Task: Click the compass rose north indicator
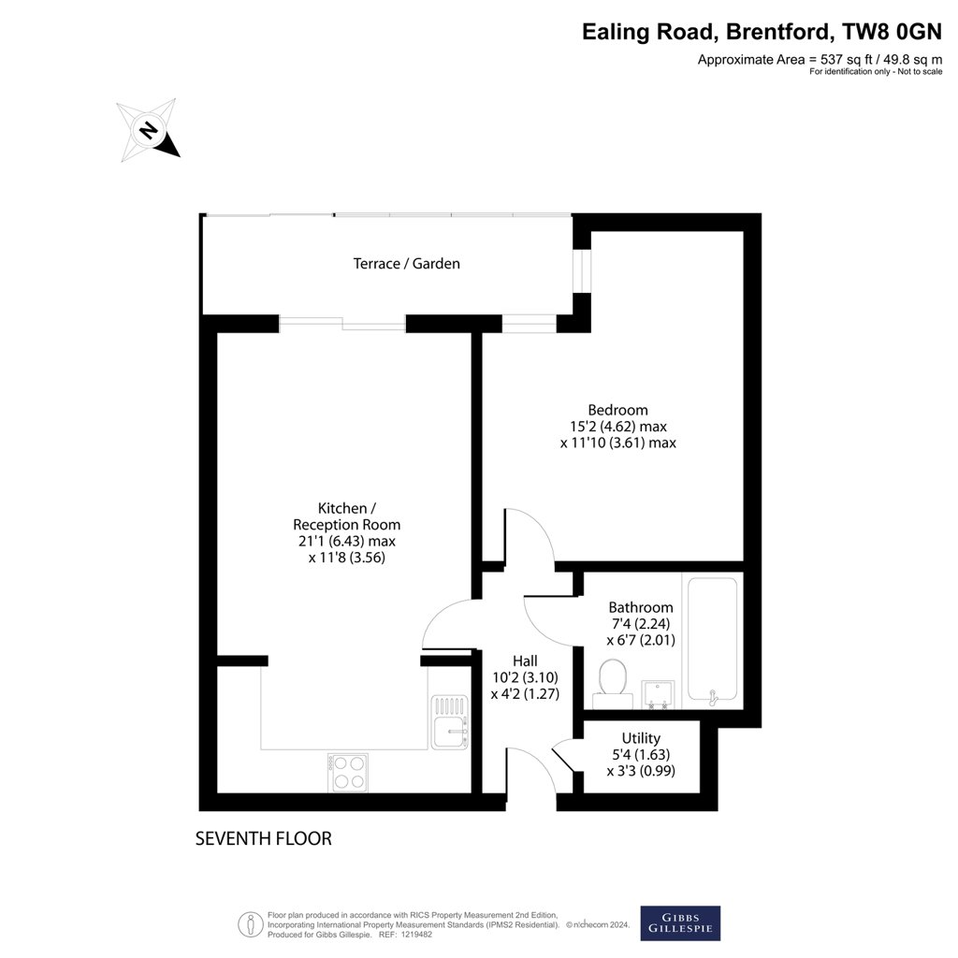pyautogui.click(x=148, y=130)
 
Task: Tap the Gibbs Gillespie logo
pyautogui.click(x=680, y=922)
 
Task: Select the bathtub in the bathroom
pyautogui.click(x=712, y=639)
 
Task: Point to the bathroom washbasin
pyautogui.click(x=658, y=695)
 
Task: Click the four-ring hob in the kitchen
pyautogui.click(x=348, y=773)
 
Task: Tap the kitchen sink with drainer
pyautogui.click(x=450, y=722)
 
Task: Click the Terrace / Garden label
pyautogui.click(x=406, y=263)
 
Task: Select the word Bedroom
pyautogui.click(x=617, y=410)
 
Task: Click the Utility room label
pyautogui.click(x=641, y=738)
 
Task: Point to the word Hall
pyautogui.click(x=525, y=661)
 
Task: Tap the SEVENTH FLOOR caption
pyautogui.click(x=263, y=839)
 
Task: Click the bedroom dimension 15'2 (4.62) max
pyautogui.click(x=618, y=427)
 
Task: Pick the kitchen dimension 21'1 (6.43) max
pyautogui.click(x=347, y=542)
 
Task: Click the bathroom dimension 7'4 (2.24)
pyautogui.click(x=641, y=624)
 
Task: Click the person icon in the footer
pyautogui.click(x=250, y=924)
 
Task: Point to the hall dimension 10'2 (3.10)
pyautogui.click(x=525, y=677)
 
